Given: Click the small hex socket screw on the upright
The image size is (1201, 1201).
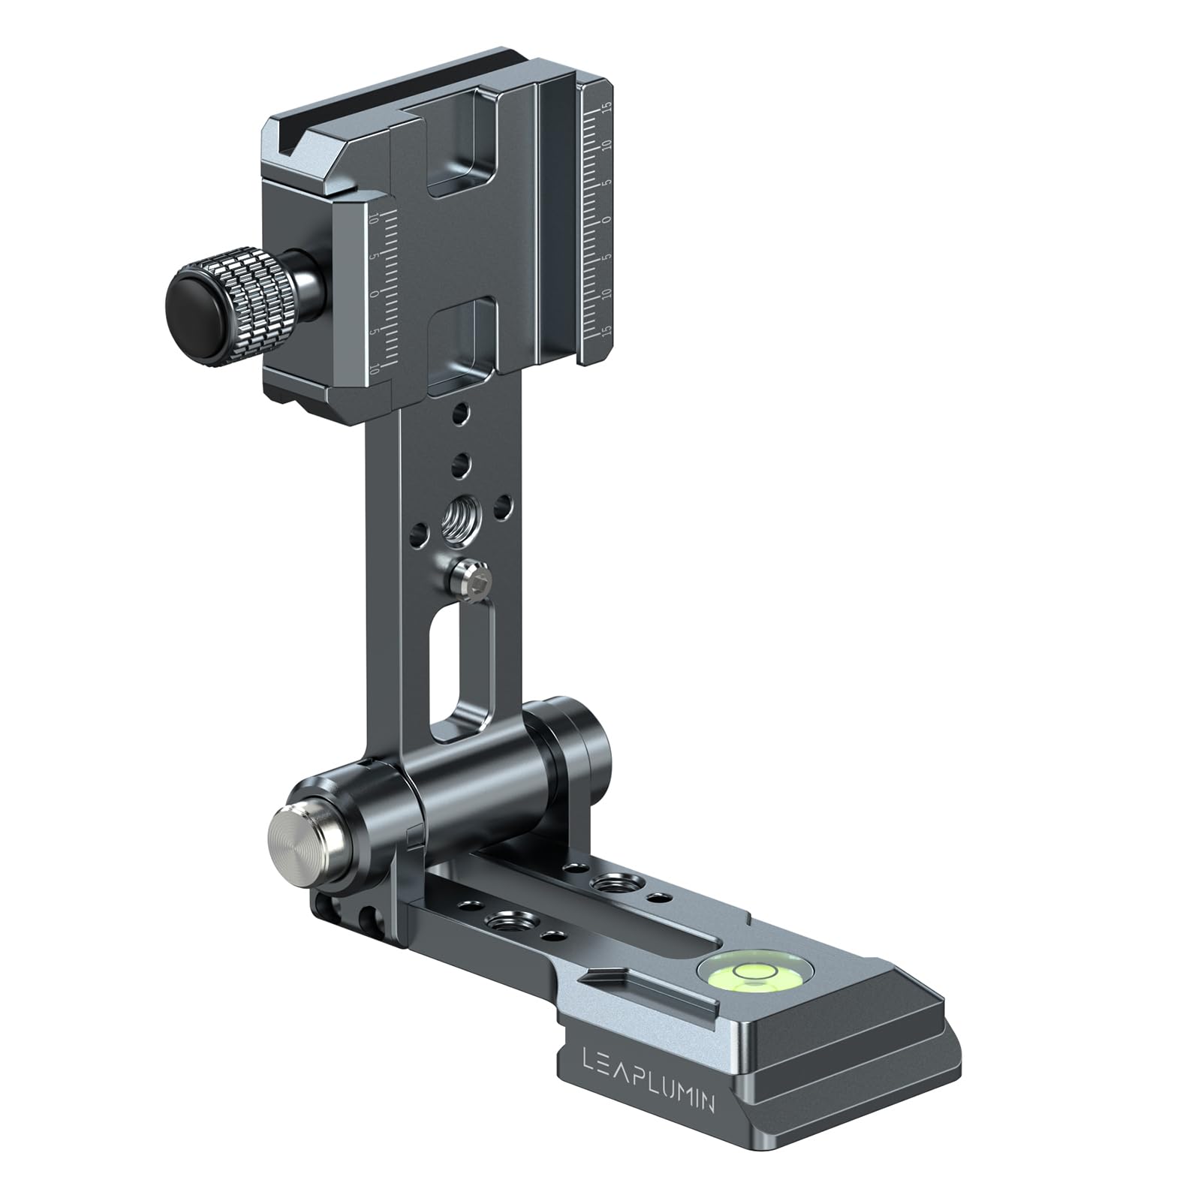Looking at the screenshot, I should (x=474, y=578).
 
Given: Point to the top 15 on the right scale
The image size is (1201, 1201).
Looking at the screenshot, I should (x=607, y=107).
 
